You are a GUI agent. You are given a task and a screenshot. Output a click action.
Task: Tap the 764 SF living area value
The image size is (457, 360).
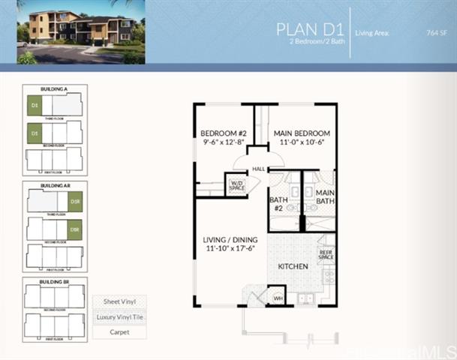click(436, 33)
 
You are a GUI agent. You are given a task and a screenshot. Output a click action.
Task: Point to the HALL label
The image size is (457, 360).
click(258, 169)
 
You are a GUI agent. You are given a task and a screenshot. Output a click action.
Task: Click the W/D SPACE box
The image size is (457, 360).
click(237, 184)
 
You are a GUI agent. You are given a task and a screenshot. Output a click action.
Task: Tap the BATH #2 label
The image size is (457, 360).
click(277, 203)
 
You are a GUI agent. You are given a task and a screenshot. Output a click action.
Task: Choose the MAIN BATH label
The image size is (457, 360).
click(325, 196)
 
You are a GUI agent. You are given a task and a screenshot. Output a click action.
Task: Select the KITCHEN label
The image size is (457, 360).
click(293, 266)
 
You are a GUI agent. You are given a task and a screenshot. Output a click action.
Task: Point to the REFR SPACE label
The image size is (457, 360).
click(326, 253)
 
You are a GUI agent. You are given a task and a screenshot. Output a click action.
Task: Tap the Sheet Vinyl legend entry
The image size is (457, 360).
click(119, 302)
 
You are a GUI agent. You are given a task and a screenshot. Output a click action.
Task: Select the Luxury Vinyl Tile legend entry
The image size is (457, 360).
click(119, 317)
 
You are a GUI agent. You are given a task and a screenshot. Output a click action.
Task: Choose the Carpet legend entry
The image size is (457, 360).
click(119, 331)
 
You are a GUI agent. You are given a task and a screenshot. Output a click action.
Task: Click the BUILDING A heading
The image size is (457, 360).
click(55, 89)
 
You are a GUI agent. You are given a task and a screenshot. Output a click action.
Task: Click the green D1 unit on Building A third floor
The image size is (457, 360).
click(34, 106)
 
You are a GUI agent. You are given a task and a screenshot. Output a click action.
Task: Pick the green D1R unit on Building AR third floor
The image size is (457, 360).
click(74, 201)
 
